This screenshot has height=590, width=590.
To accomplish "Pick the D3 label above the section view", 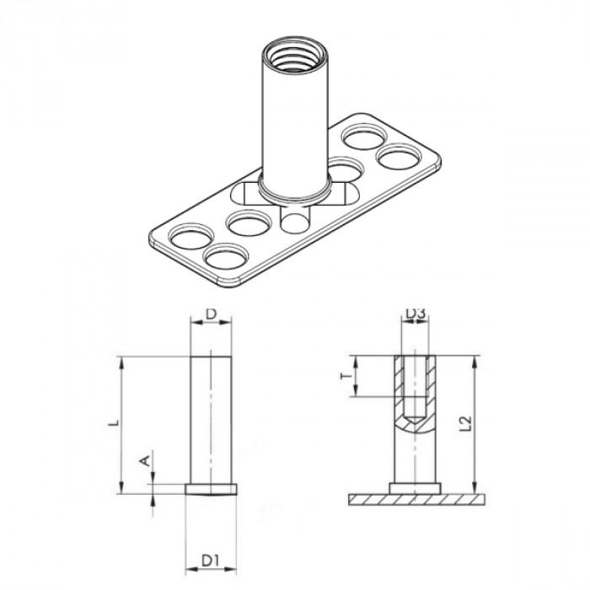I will pyautogui.click(x=415, y=314).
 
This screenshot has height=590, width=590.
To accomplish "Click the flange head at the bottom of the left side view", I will pyautogui.click(x=212, y=488).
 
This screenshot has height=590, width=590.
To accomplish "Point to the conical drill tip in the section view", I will pyautogui.click(x=414, y=420).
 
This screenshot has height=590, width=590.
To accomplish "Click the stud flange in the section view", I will pyautogui.click(x=414, y=488).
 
